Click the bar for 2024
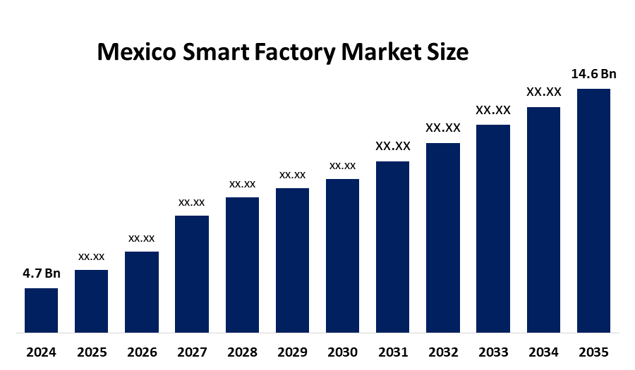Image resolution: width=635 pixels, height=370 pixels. click(41, 310)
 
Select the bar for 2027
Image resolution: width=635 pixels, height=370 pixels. click(192, 273)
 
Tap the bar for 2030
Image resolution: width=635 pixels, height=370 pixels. click(342, 255)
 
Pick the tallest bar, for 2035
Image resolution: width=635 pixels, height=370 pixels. click(593, 210)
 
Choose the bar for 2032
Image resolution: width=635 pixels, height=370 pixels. click(443, 238)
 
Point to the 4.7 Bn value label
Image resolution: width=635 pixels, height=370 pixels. click(42, 273)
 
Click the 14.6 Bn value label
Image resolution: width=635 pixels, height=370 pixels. click(593, 73)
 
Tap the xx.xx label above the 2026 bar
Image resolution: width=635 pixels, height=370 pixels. click(141, 238)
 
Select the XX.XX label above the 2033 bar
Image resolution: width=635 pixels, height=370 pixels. click(493, 110)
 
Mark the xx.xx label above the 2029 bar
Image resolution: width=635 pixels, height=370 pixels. click(292, 174)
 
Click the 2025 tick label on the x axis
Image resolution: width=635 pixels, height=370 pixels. click(91, 352)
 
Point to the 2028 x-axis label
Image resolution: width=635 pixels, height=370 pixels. click(242, 352)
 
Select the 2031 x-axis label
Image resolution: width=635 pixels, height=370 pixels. click(393, 352)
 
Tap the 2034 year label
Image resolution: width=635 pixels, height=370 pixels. click(543, 352)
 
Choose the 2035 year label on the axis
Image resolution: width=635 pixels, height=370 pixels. click(593, 352)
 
